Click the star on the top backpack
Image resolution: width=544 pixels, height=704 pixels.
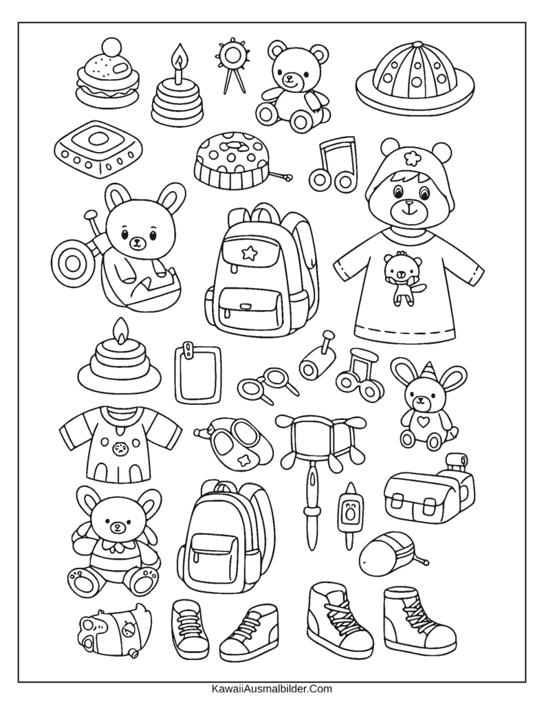tap(249, 253)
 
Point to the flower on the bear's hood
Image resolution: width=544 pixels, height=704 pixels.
tap(410, 157)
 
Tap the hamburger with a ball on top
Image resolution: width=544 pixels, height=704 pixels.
tap(107, 75)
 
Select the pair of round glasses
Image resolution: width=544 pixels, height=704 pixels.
tap(268, 384)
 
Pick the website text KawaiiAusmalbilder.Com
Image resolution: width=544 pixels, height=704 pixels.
tap(272, 687)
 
